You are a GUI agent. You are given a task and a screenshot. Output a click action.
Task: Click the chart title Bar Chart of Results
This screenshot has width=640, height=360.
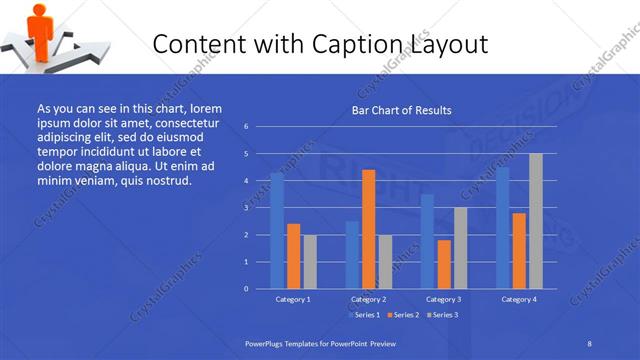400,110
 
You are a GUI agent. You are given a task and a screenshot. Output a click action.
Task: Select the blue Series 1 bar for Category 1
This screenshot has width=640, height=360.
277,230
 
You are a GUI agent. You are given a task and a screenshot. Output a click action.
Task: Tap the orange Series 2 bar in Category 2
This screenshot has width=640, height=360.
369,229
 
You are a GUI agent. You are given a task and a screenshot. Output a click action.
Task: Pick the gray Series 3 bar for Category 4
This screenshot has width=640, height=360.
535,221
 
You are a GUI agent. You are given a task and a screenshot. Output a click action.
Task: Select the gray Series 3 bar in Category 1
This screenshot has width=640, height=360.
310,261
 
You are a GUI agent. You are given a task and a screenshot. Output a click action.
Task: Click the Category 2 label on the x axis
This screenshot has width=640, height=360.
368,299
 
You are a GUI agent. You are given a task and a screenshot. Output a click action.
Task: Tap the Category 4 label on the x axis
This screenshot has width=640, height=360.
518,299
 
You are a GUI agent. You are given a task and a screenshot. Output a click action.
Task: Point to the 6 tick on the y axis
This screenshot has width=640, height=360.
246,127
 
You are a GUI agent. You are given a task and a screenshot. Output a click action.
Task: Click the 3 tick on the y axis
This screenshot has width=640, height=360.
246,208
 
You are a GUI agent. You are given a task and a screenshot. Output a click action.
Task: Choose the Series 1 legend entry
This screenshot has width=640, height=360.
363,315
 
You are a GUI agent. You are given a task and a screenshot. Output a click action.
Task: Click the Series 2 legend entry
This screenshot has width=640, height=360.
402,315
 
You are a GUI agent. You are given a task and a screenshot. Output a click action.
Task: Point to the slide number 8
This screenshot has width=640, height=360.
589,343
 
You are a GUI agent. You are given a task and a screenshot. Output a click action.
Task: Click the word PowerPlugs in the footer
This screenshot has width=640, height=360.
264,343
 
